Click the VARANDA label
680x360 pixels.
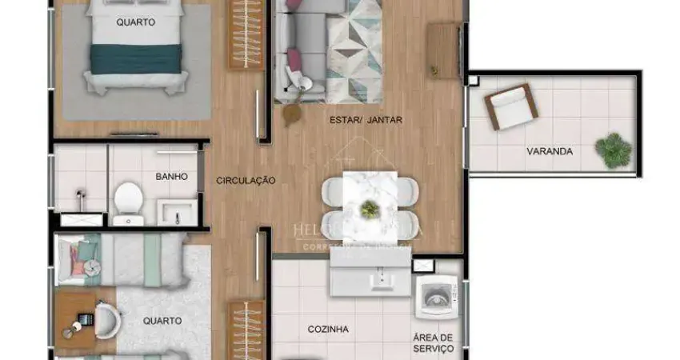pyautogui.click(x=549, y=150)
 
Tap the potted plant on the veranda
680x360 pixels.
pyautogui.click(x=614, y=150)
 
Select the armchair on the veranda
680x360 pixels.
pyautogui.click(x=510, y=106)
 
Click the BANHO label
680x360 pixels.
pyautogui.click(x=171, y=177)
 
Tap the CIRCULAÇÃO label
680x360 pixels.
pyautogui.click(x=246, y=181)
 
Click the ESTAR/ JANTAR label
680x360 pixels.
pyautogui.click(x=366, y=121)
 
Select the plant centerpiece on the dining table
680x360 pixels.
pyautogui.click(x=370, y=210)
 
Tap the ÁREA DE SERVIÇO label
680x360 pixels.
pyautogui.click(x=434, y=342)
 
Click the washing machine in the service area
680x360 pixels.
pyautogui.click(x=437, y=298)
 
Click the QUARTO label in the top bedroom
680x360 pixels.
pyautogui.click(x=136, y=22)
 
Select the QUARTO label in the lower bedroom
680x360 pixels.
pyautogui.click(x=162, y=321)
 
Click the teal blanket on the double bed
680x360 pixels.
pyautogui.click(x=137, y=58)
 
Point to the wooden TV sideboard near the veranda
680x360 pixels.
pyautogui.click(x=444, y=50)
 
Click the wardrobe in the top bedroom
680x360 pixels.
pyautogui.click(x=246, y=34)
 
